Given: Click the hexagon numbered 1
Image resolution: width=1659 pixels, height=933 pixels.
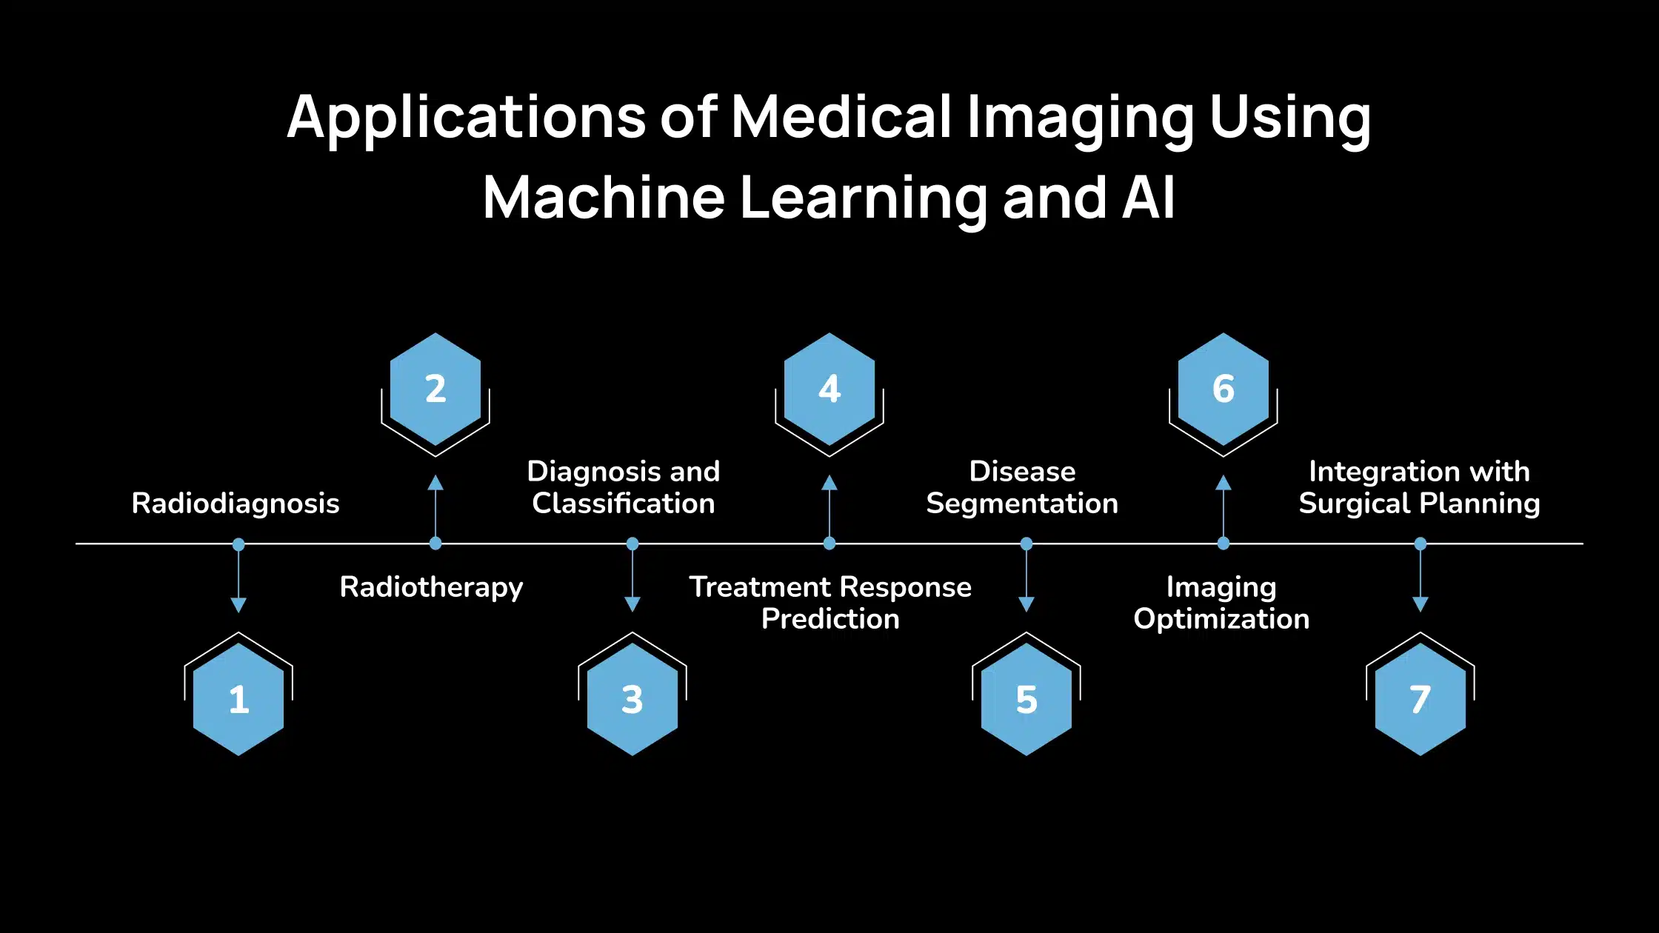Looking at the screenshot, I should [x=238, y=699].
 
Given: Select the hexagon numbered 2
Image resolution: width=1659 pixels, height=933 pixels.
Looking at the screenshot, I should [x=435, y=389].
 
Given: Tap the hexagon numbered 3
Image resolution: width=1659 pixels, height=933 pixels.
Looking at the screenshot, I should [x=632, y=699].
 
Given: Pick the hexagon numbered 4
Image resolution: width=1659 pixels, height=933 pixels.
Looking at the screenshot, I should [x=829, y=389].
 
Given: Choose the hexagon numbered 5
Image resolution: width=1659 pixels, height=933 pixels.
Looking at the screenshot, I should [x=1027, y=699].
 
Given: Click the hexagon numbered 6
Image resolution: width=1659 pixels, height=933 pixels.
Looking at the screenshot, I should [x=1224, y=389].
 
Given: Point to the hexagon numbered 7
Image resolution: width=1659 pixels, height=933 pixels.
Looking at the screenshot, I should [x=1421, y=699].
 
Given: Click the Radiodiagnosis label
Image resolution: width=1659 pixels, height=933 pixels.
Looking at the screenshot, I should [x=236, y=504].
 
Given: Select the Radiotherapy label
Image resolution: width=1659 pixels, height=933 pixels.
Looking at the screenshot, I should [x=431, y=587].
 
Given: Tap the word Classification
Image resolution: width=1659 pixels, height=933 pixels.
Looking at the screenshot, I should [x=624, y=504].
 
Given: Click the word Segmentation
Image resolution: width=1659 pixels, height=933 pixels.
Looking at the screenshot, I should [x=1022, y=504].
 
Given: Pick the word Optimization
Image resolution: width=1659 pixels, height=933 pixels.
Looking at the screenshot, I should [x=1221, y=619].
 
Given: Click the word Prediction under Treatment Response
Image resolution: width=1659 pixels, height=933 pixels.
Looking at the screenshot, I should [x=830, y=619].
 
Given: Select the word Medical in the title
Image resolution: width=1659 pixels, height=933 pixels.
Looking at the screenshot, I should [x=841, y=116].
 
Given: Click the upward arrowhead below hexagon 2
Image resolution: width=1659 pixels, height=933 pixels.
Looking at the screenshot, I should [x=435, y=483].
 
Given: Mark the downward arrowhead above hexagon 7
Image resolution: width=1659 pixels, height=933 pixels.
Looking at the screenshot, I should [x=1421, y=604].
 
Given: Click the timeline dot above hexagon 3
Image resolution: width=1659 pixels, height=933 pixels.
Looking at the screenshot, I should [x=632, y=544].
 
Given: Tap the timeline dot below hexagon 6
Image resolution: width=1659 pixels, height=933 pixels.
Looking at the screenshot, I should [x=1224, y=544].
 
